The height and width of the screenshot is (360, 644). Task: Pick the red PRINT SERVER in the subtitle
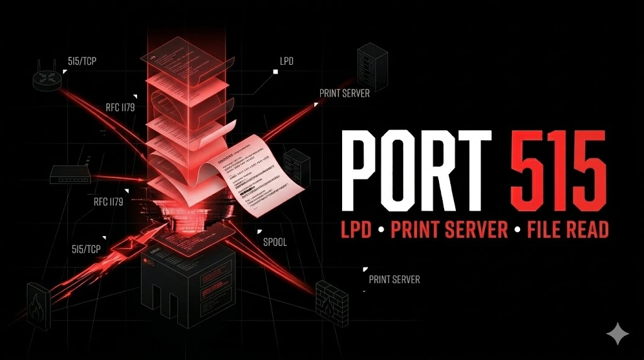point(448,230)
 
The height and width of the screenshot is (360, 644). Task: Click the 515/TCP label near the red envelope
point(86,249)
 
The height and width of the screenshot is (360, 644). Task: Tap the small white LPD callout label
point(286,62)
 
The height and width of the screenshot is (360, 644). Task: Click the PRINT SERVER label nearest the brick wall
point(394,279)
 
